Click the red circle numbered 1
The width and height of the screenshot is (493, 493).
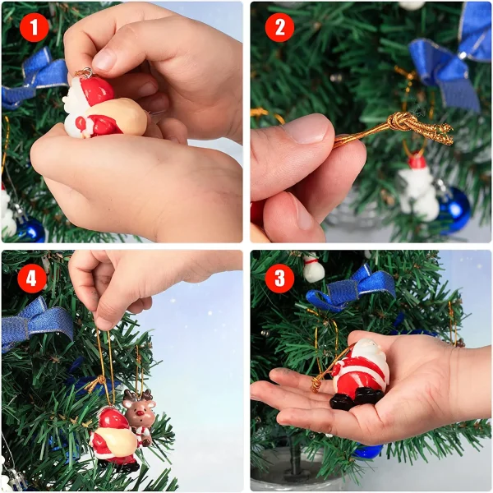[35, 28]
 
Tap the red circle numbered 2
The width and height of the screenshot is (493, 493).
[279, 27]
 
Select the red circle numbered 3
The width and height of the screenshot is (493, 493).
[279, 279]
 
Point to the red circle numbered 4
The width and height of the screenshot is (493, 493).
[32, 279]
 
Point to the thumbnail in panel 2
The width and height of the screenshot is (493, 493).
[306, 130]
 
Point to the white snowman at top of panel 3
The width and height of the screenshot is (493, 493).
[313, 266]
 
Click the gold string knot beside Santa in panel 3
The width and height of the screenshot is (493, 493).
[316, 385]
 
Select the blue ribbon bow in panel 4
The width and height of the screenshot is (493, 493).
[36, 322]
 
